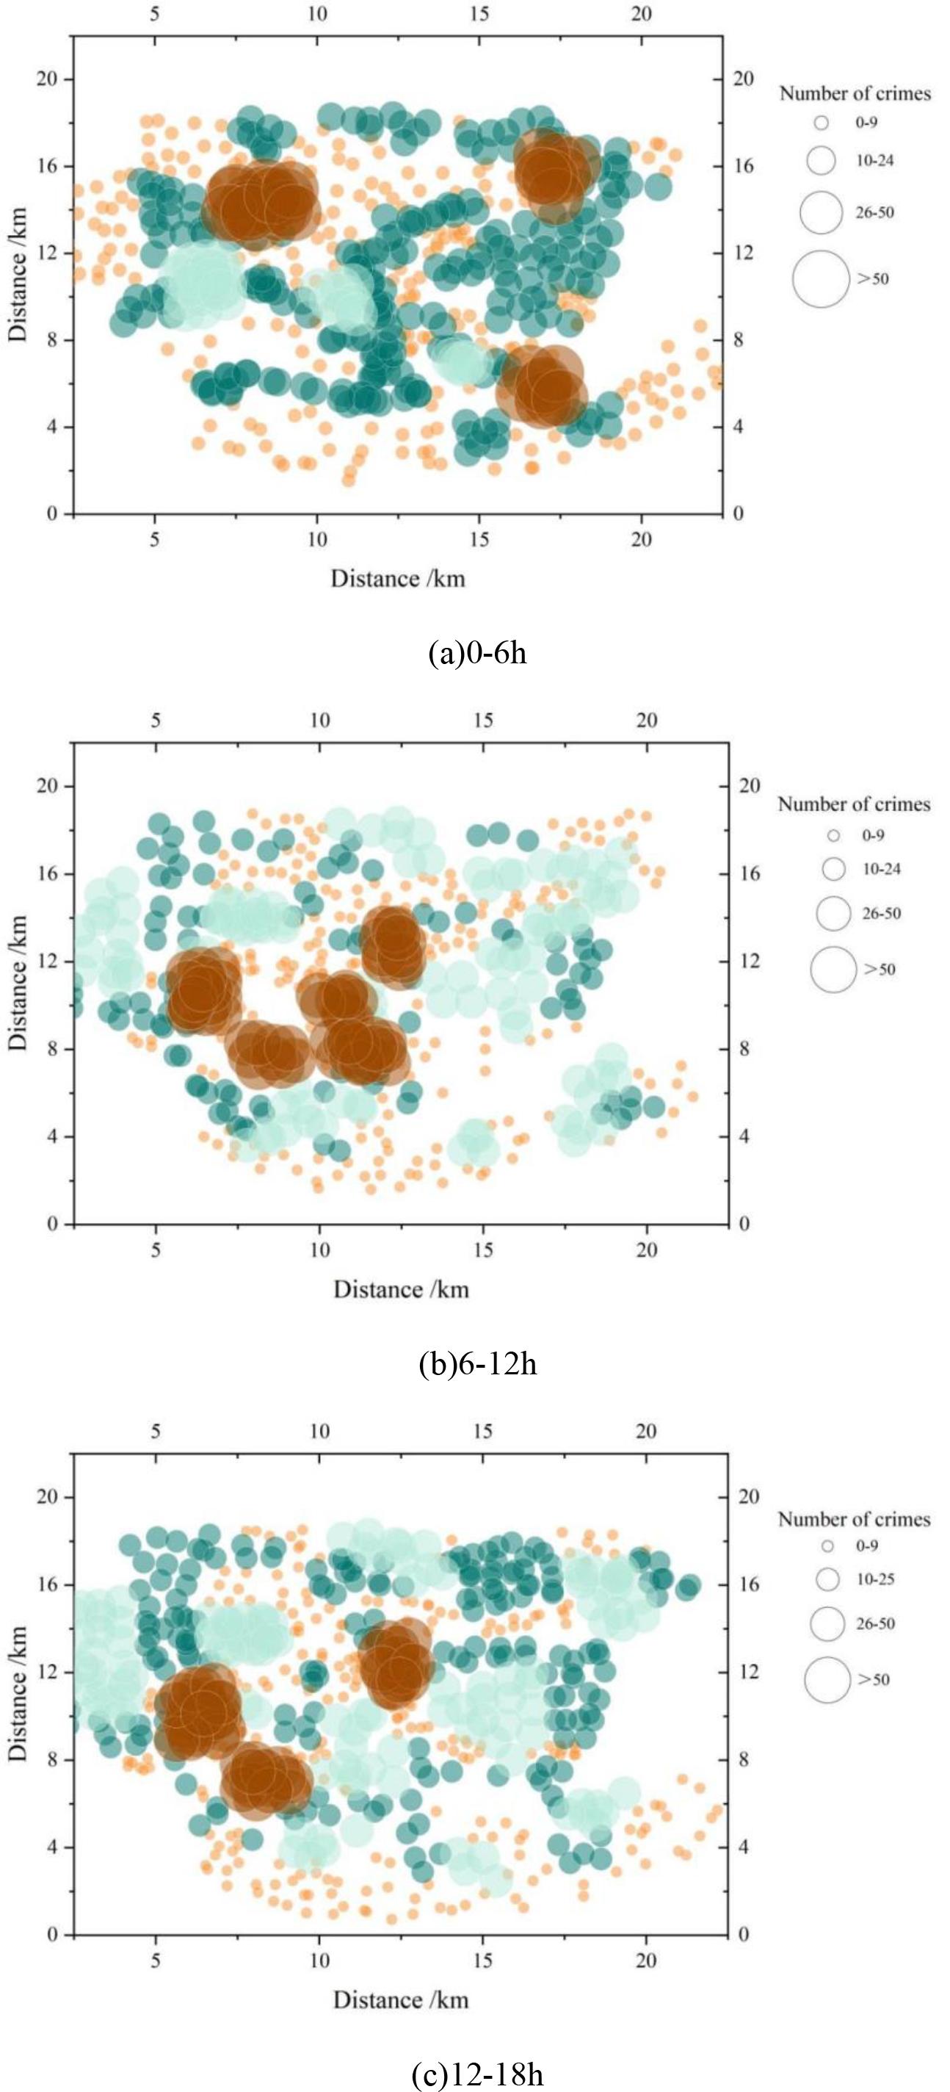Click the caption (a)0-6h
[476, 653]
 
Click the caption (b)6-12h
[476, 1363]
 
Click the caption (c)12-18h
[476, 2075]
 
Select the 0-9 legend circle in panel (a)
[822, 123]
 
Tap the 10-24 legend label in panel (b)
[881, 869]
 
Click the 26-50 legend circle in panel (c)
[828, 1623]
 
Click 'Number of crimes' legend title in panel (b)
[853, 804]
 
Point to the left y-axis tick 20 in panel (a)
[43, 79]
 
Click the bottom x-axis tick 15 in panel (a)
[479, 540]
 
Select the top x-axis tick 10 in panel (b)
[319, 721]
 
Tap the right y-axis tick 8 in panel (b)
[744, 1048]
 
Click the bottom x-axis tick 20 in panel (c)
[645, 1961]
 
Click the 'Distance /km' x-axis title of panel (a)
[397, 578]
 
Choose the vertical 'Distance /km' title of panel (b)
[18, 983]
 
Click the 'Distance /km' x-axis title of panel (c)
[400, 1999]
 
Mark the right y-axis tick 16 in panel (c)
[749, 1584]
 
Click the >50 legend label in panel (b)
[880, 969]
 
